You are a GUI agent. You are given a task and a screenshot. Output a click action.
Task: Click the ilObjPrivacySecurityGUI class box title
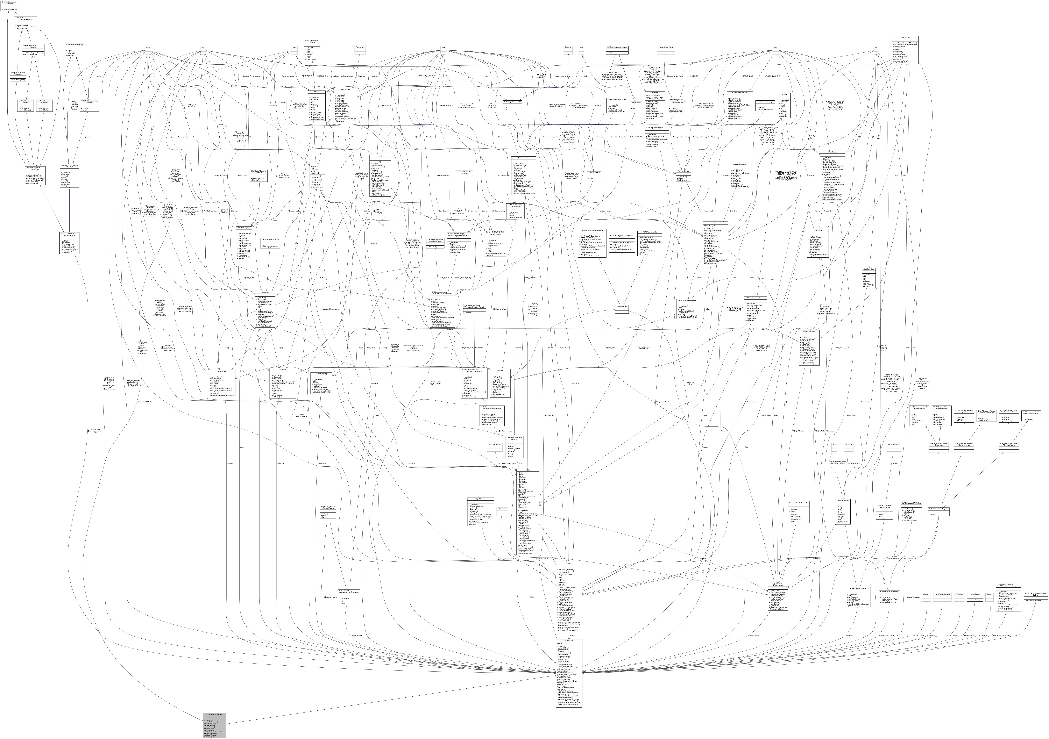click(214, 714)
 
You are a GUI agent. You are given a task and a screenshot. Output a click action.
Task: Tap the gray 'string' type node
click(148, 47)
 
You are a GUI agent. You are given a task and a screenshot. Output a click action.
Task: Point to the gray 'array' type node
click(443, 47)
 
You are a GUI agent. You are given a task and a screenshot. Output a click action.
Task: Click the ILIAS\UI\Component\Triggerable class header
click(18, 73)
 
